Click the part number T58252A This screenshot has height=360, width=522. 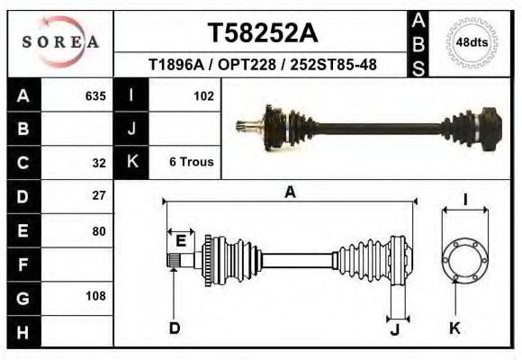[x=263, y=32]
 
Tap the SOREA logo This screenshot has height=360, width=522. [x=60, y=42]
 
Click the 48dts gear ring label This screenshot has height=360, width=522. [x=472, y=42]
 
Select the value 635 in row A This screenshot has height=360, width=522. [x=95, y=96]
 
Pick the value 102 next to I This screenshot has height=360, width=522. [x=203, y=96]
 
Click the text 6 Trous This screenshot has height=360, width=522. [x=192, y=162]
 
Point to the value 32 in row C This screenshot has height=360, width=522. [x=99, y=163]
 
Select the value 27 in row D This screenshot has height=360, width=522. [x=99, y=195]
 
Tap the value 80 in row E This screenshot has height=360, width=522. [x=99, y=231]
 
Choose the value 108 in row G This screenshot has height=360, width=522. [x=96, y=296]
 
